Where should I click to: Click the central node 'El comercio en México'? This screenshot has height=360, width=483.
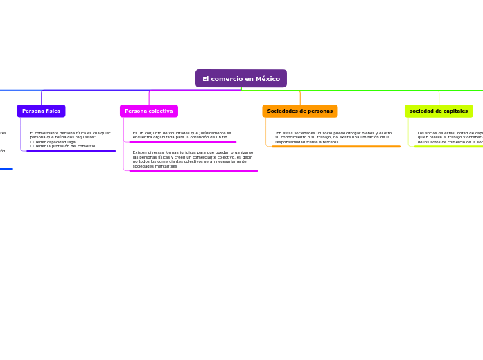(x=240, y=79)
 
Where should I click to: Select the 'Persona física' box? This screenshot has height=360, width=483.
(x=41, y=111)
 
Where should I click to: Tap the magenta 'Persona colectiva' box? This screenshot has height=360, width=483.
(x=149, y=111)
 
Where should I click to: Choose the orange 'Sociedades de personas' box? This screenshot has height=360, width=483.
(x=300, y=111)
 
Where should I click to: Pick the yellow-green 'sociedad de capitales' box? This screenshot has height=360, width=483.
(x=439, y=111)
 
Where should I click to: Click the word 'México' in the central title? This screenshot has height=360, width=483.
(x=267, y=79)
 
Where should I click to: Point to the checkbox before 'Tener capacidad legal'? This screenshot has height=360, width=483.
(x=32, y=142)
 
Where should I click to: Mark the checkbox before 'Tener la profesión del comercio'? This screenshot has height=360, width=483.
(x=32, y=146)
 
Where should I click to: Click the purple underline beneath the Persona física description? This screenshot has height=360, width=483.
(x=71, y=151)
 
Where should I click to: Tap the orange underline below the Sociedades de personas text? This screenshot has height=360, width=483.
(x=336, y=147)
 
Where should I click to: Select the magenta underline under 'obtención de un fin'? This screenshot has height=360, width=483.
(x=183, y=142)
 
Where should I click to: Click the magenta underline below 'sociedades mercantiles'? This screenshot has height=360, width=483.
(x=193, y=170)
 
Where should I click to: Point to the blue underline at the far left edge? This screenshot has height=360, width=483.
(x=6, y=169)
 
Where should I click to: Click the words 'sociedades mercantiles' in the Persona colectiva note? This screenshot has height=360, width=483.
(x=155, y=166)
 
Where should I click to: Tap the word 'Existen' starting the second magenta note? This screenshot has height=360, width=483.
(x=139, y=152)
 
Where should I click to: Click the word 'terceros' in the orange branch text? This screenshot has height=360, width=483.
(x=330, y=142)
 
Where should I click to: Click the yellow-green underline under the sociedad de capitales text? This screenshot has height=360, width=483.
(x=448, y=147)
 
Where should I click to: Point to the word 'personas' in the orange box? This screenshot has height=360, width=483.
(x=319, y=111)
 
